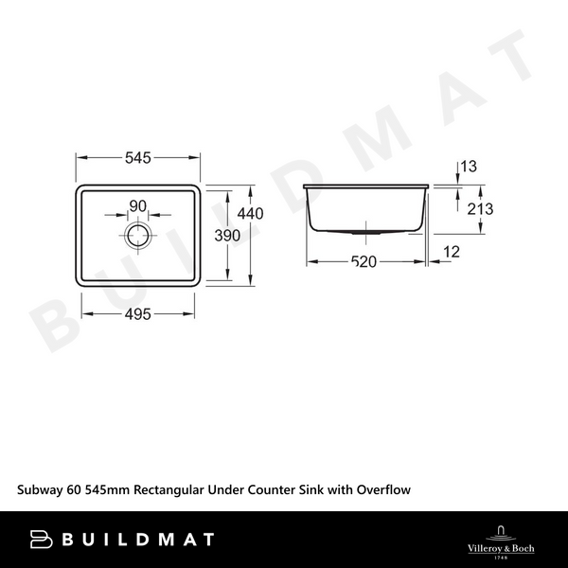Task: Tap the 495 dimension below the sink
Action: tap(138, 315)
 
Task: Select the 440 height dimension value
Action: tap(250, 213)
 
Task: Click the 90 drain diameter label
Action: tap(138, 206)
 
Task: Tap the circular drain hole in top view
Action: tap(138, 234)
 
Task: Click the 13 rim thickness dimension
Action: tap(467, 169)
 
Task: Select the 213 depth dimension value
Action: tap(481, 208)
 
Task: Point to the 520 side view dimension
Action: tap(365, 262)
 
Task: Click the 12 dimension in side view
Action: tap(450, 252)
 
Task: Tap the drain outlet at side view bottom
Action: tap(365, 230)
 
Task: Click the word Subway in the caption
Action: tap(43, 489)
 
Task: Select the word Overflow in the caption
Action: tap(379, 489)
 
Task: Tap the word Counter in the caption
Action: tap(268, 489)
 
